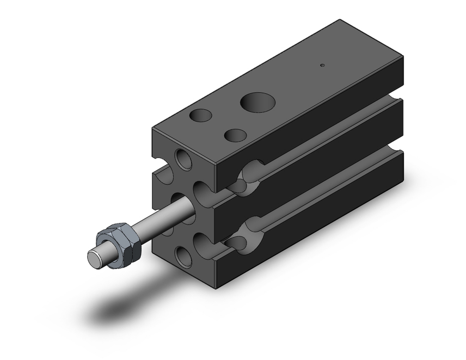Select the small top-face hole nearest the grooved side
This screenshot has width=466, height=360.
coord(235,135)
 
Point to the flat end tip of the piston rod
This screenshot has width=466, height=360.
coord(96,258)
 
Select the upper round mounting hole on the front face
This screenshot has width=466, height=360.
coord(184,159)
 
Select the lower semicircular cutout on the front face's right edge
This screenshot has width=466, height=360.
coord(203,243)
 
